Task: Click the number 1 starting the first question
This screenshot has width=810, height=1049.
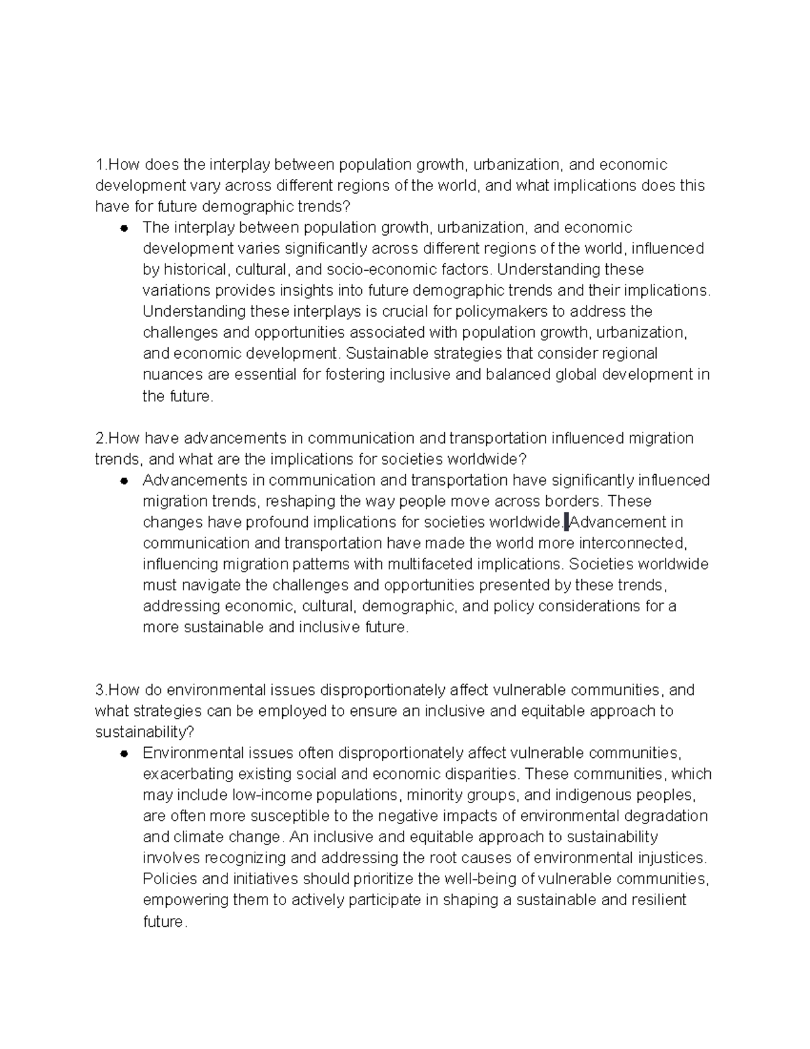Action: click(99, 165)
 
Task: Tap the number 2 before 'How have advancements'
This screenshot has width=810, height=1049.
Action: click(100, 438)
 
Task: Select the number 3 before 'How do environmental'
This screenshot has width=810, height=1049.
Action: click(100, 690)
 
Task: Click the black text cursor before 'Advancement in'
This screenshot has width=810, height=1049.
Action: click(567, 521)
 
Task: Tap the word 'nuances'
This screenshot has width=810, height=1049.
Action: click(169, 374)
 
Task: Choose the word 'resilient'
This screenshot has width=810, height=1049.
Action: click(658, 900)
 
